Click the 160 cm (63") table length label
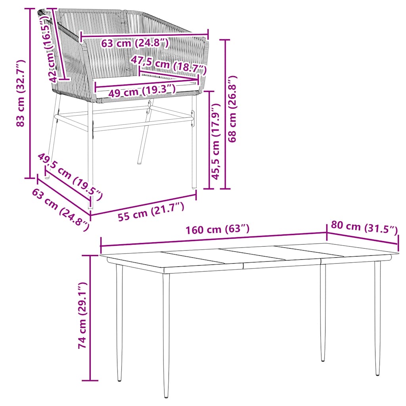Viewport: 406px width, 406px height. [218, 229]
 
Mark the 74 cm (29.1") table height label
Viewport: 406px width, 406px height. [82, 316]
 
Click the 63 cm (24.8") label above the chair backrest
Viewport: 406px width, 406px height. [135, 43]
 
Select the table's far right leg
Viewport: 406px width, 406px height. [377, 317]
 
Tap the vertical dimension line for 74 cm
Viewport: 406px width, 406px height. [91, 318]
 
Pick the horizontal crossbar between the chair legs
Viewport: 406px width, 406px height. [123, 117]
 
